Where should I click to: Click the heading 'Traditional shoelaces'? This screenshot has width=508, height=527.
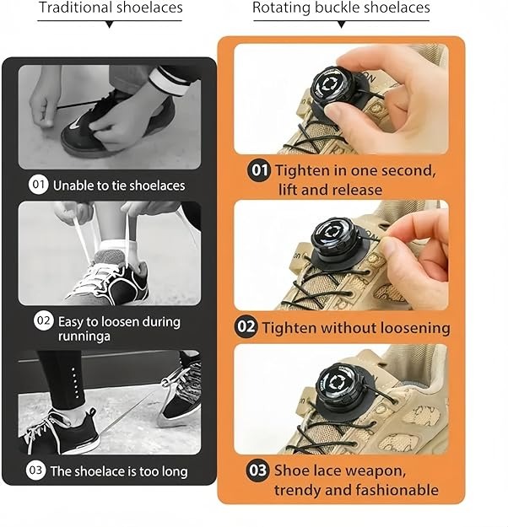(x=111, y=8)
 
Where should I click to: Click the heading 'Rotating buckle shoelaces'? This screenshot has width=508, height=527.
(x=341, y=8)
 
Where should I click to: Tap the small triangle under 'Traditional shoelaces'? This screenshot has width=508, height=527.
(x=109, y=25)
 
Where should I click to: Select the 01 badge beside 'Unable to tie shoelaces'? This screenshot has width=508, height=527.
(x=39, y=185)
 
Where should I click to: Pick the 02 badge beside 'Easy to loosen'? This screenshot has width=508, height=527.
(x=43, y=321)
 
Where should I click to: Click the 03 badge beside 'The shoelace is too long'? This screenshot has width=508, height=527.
(x=35, y=471)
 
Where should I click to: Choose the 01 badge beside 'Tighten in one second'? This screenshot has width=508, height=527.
(x=259, y=170)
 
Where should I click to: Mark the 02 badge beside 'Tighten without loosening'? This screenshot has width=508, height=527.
(x=246, y=326)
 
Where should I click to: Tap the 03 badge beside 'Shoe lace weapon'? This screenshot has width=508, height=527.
(x=258, y=471)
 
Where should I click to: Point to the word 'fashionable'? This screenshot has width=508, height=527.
(x=396, y=490)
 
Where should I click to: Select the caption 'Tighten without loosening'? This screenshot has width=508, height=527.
(x=355, y=327)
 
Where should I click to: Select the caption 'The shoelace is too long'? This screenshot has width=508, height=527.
(x=119, y=471)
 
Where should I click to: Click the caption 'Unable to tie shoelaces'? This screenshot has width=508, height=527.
(x=119, y=185)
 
